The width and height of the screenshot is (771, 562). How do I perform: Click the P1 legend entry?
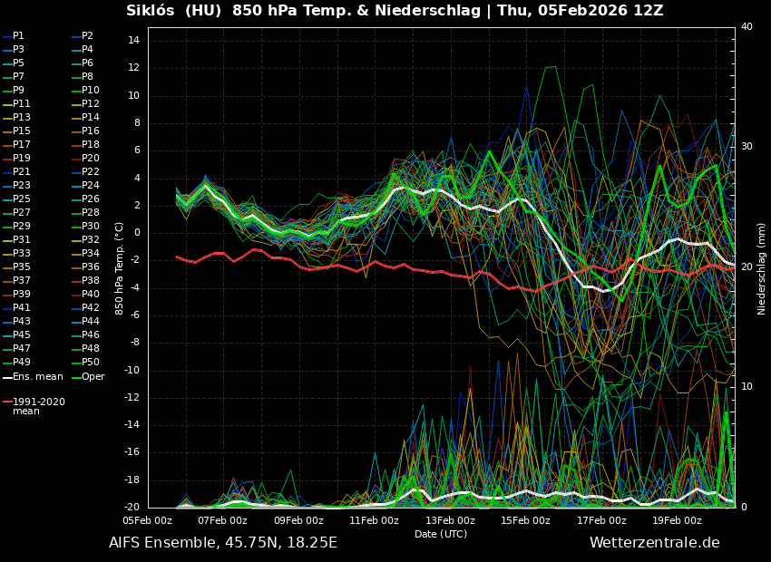click(x=18, y=36)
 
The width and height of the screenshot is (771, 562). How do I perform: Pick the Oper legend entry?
click(x=93, y=377)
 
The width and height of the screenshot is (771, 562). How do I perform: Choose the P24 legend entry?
click(x=90, y=186)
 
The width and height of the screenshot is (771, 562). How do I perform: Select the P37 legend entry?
click(x=21, y=281)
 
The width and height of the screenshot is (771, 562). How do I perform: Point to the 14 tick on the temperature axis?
click(x=132, y=41)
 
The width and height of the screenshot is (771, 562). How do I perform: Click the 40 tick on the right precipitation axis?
click(x=747, y=27)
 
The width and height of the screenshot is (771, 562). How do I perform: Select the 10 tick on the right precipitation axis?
click(x=747, y=387)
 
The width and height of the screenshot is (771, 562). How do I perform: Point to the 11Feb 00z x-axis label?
click(x=374, y=520)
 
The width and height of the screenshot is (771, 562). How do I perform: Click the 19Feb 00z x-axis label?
click(x=677, y=520)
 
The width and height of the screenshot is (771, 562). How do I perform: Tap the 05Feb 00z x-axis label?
click(x=147, y=520)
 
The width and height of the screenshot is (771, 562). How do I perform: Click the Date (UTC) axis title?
click(x=441, y=534)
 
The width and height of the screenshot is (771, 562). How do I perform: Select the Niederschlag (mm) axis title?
click(x=762, y=268)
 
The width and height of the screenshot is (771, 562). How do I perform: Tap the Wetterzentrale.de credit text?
click(x=654, y=543)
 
